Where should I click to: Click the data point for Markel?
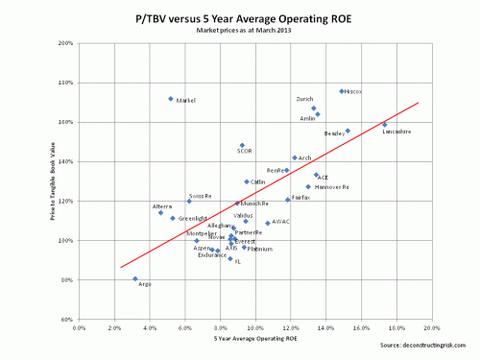tap(171, 99)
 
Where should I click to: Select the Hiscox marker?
tap(342, 91)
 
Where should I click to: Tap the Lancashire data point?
tap(385, 125)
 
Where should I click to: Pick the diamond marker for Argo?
tap(135, 278)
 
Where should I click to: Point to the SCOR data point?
tap(242, 145)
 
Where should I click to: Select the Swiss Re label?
tap(201, 195)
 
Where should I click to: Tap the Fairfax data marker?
tap(287, 200)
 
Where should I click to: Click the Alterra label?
tap(162, 206)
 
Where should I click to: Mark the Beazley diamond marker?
tap(348, 131)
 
